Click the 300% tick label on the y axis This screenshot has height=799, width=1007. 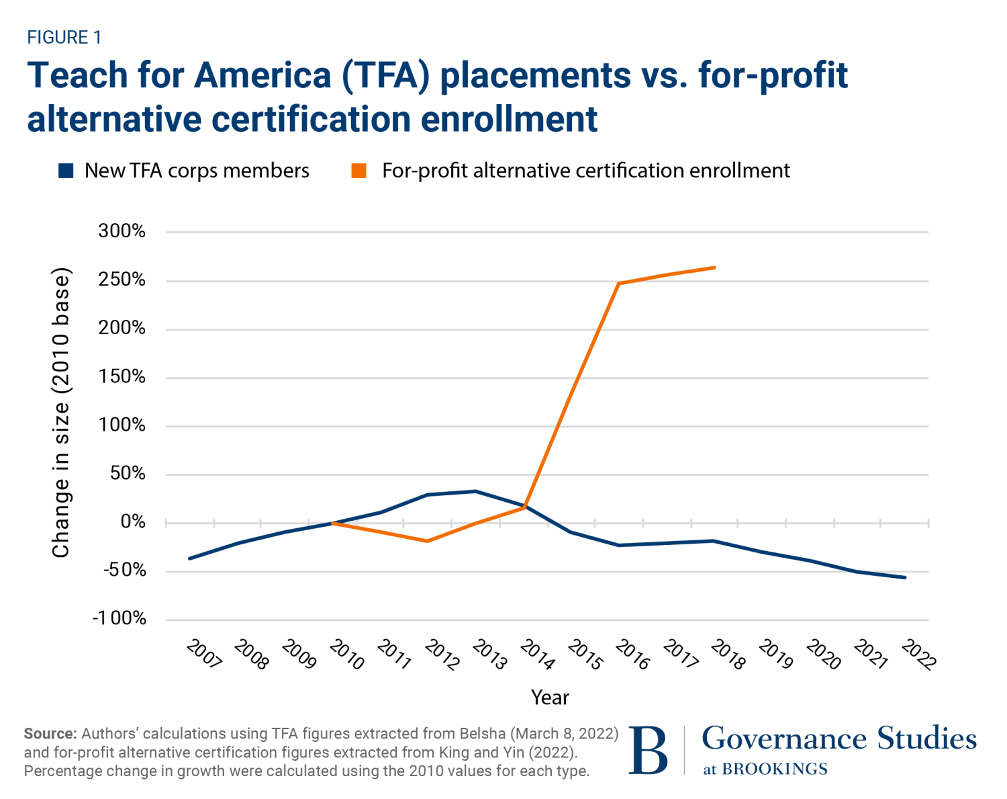click(x=122, y=231)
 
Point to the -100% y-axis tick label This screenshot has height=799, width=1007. click(x=119, y=618)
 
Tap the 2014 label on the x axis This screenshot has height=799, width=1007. click(x=538, y=655)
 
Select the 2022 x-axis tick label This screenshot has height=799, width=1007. click(x=919, y=655)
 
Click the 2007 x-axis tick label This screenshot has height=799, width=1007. click(x=204, y=655)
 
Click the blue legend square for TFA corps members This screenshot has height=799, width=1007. click(x=66, y=171)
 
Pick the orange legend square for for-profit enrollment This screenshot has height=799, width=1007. click(x=359, y=171)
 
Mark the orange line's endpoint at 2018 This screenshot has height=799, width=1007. click(x=714, y=267)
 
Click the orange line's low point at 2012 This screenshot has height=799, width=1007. click(x=428, y=541)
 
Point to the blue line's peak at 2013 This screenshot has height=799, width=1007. click(x=475, y=491)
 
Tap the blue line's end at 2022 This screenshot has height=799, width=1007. click(x=905, y=577)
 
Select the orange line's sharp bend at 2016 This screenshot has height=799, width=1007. click(x=619, y=284)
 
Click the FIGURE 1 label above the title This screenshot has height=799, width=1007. click(x=64, y=38)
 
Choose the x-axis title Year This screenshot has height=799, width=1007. click(x=550, y=698)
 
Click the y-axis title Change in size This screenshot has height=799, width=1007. click(x=61, y=413)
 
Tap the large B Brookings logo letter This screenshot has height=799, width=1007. click(x=649, y=751)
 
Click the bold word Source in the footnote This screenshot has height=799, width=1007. click(x=50, y=733)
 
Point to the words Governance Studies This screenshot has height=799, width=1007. click(x=839, y=739)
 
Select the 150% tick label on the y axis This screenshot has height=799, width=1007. click(x=122, y=376)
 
